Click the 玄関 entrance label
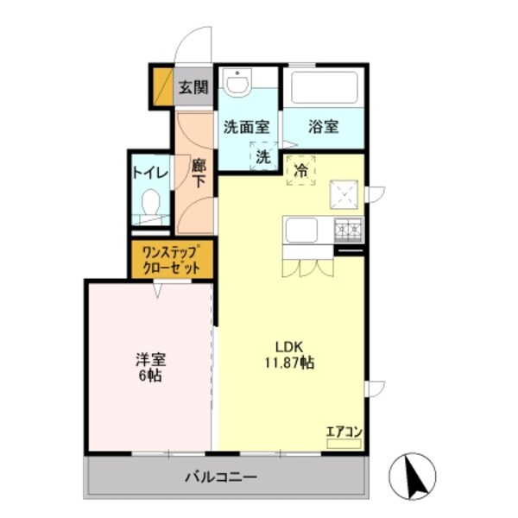194,86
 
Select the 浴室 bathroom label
324,126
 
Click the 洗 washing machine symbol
262,157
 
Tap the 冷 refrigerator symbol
301,169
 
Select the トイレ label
148,171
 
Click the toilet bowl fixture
151,205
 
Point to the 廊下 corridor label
199,173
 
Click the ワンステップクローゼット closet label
171,259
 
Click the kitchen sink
302,231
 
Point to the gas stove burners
350,229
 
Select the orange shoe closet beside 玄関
161,85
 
